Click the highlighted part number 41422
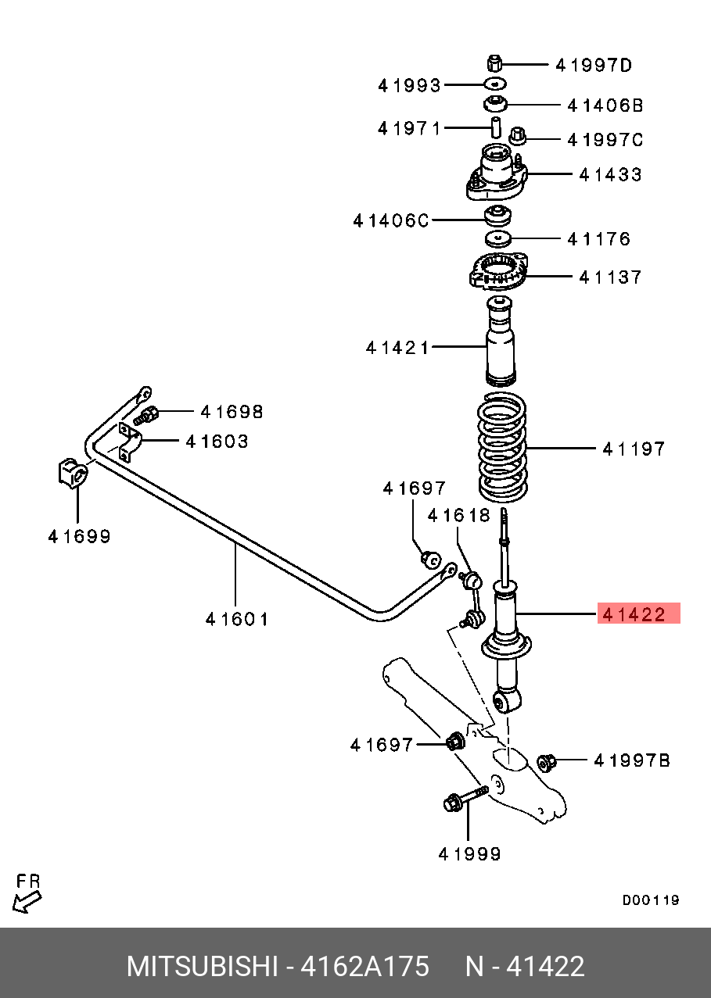pyautogui.click(x=638, y=613)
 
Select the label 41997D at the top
pyautogui.click(x=594, y=65)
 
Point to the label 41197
pyautogui.click(x=634, y=449)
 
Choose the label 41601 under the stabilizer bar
pyautogui.click(x=236, y=619)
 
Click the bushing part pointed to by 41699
pyautogui.click(x=72, y=474)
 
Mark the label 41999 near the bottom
pyautogui.click(x=469, y=854)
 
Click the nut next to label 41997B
pyautogui.click(x=548, y=760)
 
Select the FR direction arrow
pyautogui.click(x=28, y=892)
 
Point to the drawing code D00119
pyautogui.click(x=651, y=900)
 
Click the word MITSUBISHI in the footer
pyautogui.click(x=203, y=967)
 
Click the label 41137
pyautogui.click(x=610, y=277)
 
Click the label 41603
pyautogui.click(x=217, y=442)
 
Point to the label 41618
pyautogui.click(x=458, y=515)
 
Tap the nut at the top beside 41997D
pyautogui.click(x=494, y=63)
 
